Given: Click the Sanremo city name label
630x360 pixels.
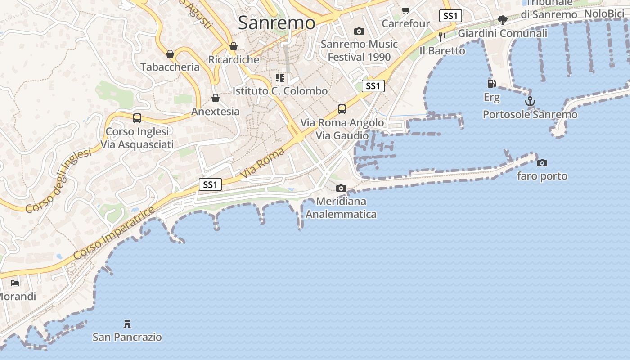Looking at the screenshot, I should point(276,22).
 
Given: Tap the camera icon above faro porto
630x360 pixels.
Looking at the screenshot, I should point(542,163).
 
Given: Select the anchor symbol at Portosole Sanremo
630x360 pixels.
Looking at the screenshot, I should point(530,101).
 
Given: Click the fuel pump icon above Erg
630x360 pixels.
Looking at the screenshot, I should point(492,83).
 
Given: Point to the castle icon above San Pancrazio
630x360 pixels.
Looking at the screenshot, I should point(127,324).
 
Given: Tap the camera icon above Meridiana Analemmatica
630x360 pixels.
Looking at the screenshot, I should point(341,188).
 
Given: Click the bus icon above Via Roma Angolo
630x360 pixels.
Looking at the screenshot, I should point(342,109).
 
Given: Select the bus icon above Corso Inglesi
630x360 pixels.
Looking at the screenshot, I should point(137,118).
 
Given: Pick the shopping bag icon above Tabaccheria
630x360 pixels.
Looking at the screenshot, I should point(170,54).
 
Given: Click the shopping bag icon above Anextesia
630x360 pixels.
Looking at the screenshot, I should point(216,98).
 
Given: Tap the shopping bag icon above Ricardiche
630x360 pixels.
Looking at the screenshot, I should point(234,46).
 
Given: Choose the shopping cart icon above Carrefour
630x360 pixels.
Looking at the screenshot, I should point(406,10).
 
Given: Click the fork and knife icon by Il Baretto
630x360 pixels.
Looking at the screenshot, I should point(442,37).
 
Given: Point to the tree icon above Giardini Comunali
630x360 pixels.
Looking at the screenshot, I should point(503,20).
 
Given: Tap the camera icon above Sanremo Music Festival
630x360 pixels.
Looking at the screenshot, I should point(359,31).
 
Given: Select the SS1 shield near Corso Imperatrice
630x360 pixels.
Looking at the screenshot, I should point(210,184).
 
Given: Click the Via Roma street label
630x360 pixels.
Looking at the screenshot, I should point(262,162).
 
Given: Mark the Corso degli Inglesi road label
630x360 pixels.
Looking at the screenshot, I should point(58,181).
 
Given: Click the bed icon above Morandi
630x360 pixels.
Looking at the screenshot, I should point(15,283).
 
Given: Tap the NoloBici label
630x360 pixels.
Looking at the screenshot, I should point(604,14).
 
